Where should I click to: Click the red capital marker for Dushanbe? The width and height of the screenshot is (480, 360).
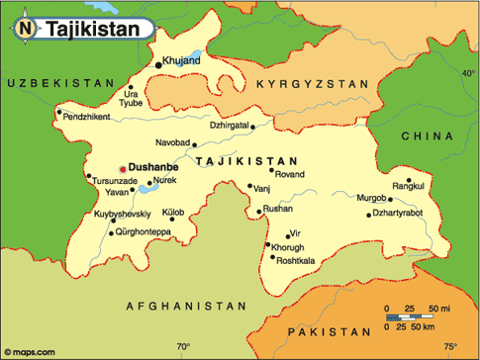(x=123, y=169)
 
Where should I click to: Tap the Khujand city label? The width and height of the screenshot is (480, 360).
(x=181, y=60)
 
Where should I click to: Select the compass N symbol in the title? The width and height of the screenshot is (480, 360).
(x=25, y=30)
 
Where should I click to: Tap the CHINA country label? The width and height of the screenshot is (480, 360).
(x=429, y=135)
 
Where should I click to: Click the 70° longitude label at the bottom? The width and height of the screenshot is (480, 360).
(x=184, y=346)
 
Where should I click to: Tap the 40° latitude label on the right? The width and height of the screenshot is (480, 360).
(x=468, y=72)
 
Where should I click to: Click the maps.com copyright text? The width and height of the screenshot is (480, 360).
(x=33, y=351)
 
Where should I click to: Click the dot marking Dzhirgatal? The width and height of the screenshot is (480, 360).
(x=254, y=127)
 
